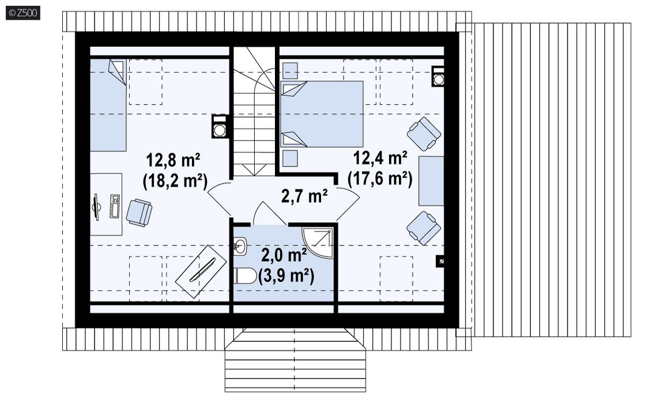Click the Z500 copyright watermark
point(23,13)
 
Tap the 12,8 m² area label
point(173,160)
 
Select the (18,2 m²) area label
point(175,181)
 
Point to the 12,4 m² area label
point(380,158)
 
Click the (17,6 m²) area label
point(380,178)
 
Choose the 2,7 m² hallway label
point(304,196)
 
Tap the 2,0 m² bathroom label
point(284,255)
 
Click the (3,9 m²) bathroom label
point(286,275)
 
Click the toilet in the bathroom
point(244,276)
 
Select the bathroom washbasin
point(240,245)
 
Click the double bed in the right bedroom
point(322,114)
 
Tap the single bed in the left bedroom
point(108,105)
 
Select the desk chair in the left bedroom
point(138,213)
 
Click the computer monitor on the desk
point(97,207)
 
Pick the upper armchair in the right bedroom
point(424,134)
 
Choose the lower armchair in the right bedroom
point(424,228)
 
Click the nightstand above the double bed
point(290,70)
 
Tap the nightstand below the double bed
point(290,158)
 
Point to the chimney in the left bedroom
point(220,127)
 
